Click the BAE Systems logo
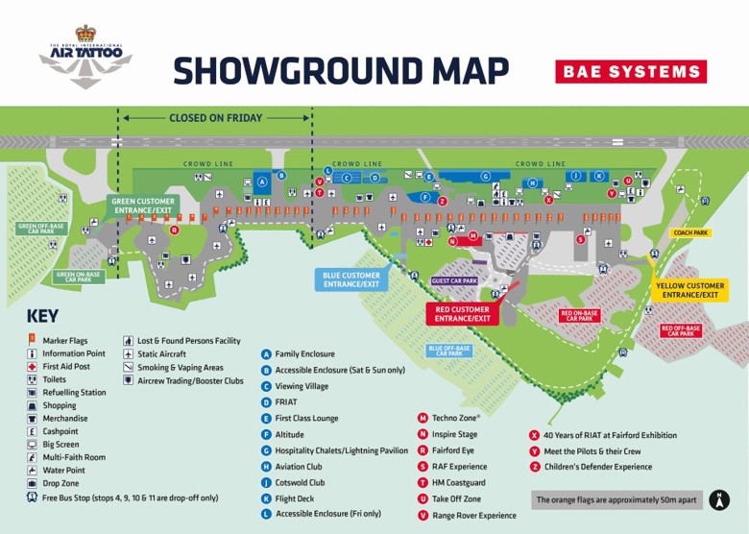coord(630,71)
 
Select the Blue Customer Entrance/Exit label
coord(352,279)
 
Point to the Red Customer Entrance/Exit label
coord(461,314)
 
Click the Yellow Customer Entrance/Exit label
coord(689,290)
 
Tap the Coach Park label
coord(690,232)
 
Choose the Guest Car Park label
coord(454,281)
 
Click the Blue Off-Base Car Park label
coord(449,351)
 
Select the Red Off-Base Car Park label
coord(681,330)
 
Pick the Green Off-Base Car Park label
coord(41,229)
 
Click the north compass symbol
coord(719,499)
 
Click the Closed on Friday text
coord(215,118)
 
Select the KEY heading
coord(42,316)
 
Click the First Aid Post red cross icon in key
coord(33,366)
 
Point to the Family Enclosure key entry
coord(305,353)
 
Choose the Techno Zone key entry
coord(455,418)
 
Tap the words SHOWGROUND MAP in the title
coord(341,70)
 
